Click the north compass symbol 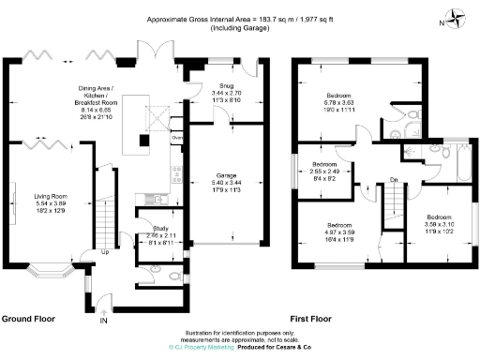(457, 16)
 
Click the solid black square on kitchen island (142, 141)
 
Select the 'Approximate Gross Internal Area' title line (241, 19)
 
